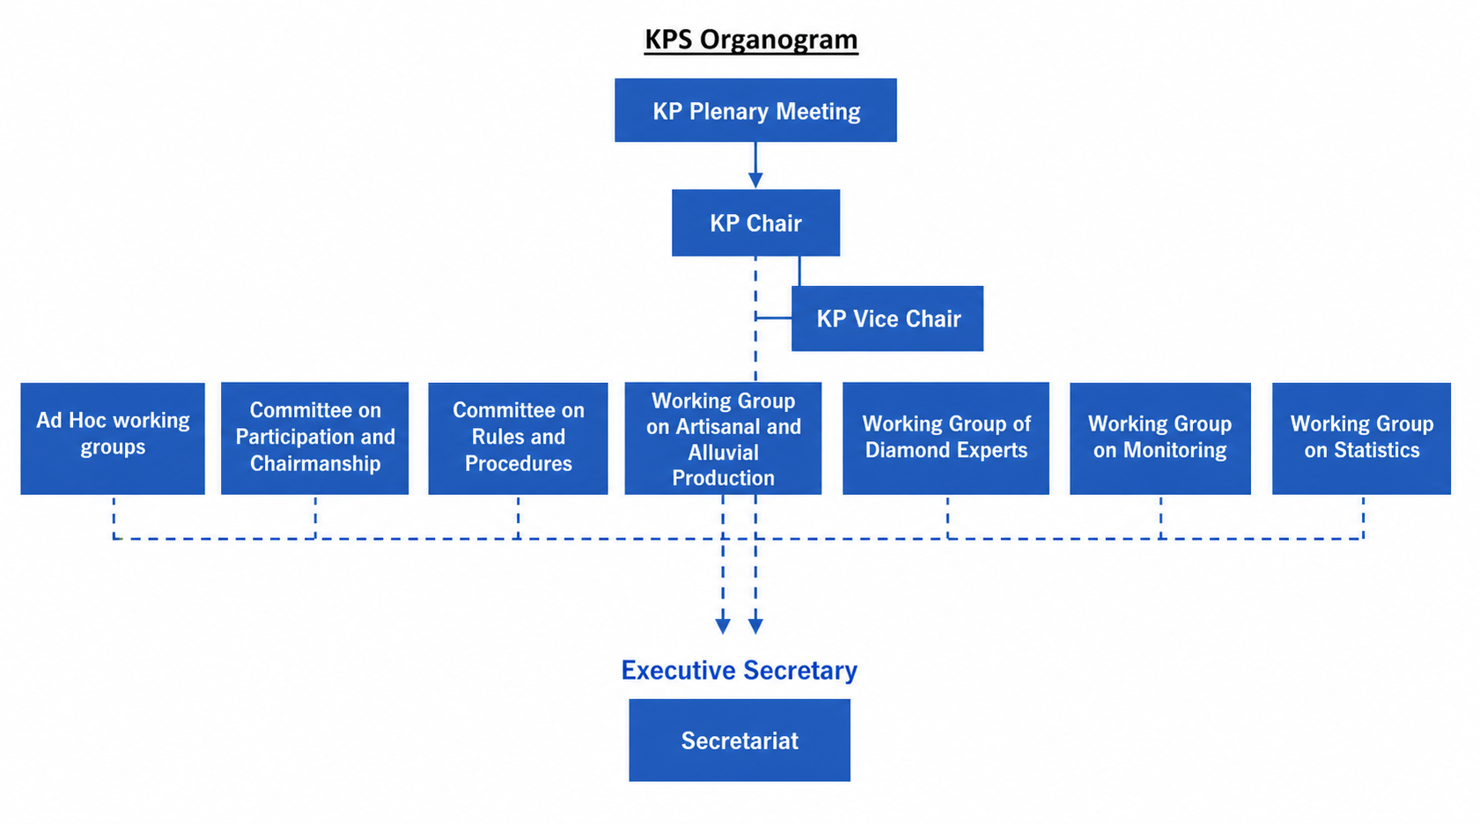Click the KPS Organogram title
[751, 40]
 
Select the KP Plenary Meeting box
[756, 110]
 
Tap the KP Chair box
[756, 223]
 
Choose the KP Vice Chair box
[887, 319]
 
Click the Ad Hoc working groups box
[113, 438]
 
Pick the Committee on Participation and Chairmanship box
[314, 438]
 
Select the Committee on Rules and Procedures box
[518, 438]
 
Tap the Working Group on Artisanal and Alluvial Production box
[724, 438]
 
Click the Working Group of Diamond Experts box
[946, 438]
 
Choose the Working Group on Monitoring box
[1160, 438]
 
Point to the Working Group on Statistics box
[1362, 438]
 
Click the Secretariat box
[740, 740]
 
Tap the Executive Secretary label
[740, 670]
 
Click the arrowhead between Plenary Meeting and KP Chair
[756, 180]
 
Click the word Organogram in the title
[779, 40]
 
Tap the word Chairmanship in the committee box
[315, 463]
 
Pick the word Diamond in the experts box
[903, 450]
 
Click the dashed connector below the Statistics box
[1363, 518]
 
